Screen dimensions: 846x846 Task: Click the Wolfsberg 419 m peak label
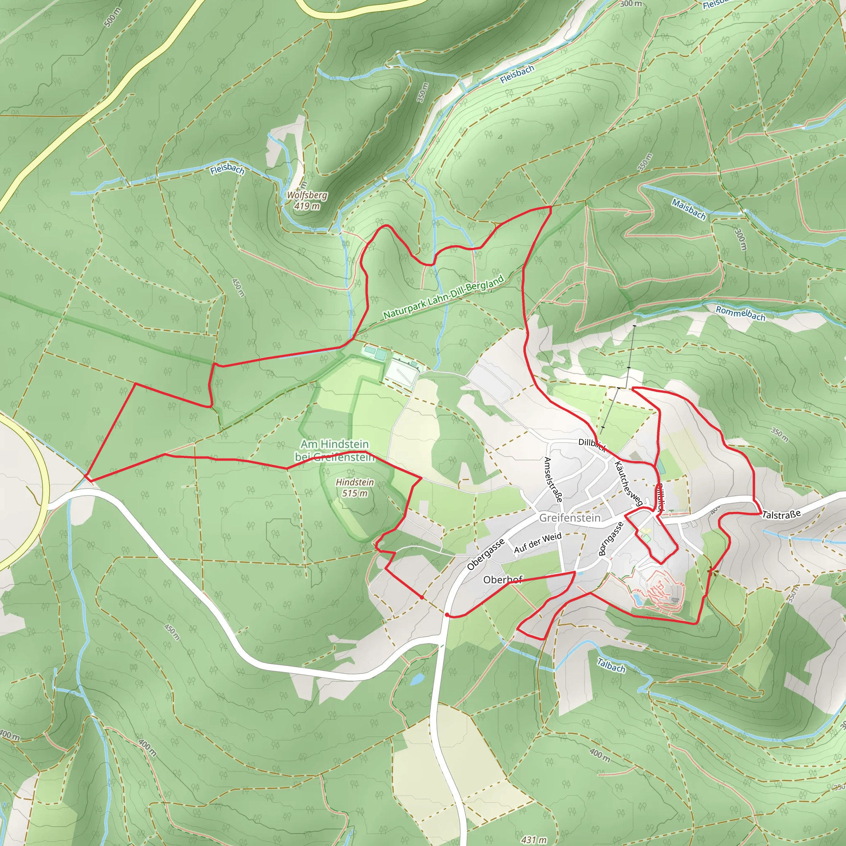(307, 200)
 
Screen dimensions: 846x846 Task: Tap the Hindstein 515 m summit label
(355, 487)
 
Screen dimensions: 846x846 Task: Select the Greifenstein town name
(569, 518)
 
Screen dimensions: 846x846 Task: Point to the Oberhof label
(503, 580)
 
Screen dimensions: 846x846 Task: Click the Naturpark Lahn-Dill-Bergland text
(443, 297)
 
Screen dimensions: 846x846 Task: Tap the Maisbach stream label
(689, 209)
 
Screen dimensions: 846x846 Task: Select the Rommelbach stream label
(740, 314)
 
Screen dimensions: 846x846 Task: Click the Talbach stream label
(611, 665)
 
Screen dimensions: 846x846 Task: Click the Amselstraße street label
(553, 479)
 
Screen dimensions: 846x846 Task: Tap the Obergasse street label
(485, 554)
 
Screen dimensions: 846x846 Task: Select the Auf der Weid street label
(537, 543)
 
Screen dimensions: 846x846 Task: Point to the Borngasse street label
(611, 539)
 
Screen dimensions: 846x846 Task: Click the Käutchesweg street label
(628, 484)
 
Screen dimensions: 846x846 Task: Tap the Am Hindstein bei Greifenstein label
(335, 451)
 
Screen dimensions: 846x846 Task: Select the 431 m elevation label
(534, 839)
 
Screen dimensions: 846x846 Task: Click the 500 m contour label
(112, 17)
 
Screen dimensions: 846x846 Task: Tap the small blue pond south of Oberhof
(417, 679)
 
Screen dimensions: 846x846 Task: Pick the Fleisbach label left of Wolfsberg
(227, 169)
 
